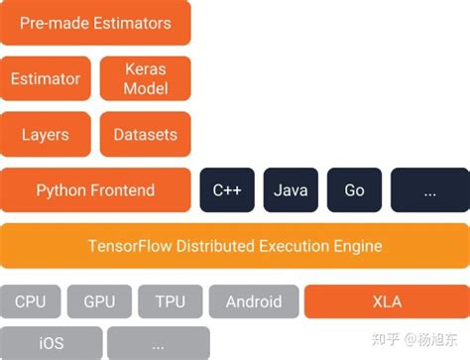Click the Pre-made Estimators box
click(x=95, y=23)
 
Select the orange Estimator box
click(x=46, y=79)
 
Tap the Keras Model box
click(x=146, y=79)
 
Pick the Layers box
click(x=46, y=135)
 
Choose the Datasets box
click(x=146, y=135)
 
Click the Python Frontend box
click(x=95, y=189)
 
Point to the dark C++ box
click(x=228, y=190)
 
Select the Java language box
click(x=291, y=190)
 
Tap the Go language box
click(x=354, y=190)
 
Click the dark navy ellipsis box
click(x=429, y=190)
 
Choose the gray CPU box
click(x=31, y=301)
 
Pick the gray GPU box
click(x=100, y=301)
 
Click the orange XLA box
click(x=385, y=301)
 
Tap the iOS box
click(x=52, y=343)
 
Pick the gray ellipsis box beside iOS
click(x=159, y=343)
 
